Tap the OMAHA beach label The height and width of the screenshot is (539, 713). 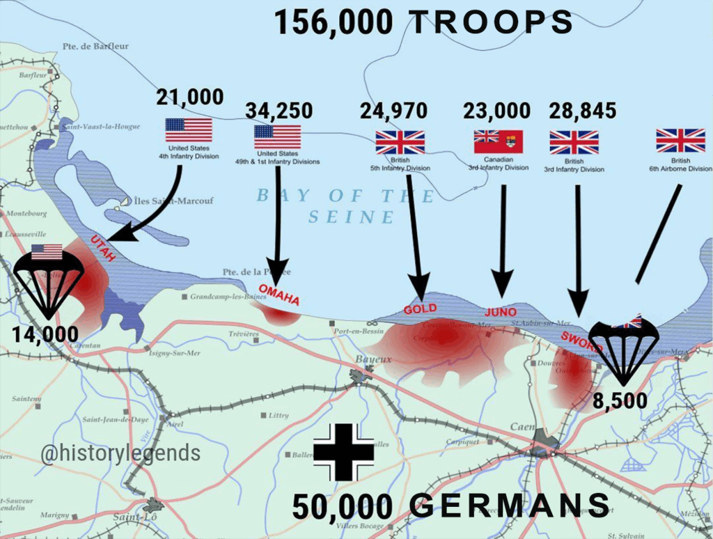click(x=279, y=295)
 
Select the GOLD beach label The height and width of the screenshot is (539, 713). click(x=421, y=308)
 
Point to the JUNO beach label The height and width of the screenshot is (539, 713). click(x=501, y=311)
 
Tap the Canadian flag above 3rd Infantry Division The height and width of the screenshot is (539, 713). click(x=498, y=142)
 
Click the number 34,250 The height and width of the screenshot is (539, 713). click(x=279, y=111)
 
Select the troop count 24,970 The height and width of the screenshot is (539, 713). click(x=393, y=111)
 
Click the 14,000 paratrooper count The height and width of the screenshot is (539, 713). click(x=45, y=335)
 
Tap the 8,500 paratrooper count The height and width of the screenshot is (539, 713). click(x=620, y=402)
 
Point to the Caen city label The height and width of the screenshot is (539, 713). click(x=522, y=427)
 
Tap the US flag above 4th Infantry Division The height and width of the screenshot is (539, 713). click(x=189, y=130)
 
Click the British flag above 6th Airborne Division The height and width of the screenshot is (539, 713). click(x=680, y=141)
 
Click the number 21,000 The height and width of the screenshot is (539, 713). click(x=189, y=97)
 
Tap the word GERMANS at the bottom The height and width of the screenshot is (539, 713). click(x=510, y=506)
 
